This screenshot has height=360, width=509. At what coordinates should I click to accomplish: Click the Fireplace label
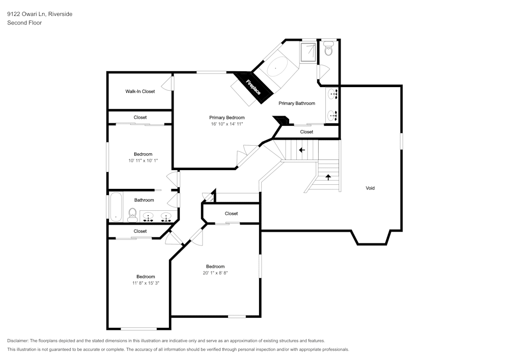tap(253, 87)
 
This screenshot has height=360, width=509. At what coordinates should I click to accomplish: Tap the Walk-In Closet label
tap(140, 92)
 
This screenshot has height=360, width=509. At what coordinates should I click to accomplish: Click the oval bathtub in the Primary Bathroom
tap(277, 68)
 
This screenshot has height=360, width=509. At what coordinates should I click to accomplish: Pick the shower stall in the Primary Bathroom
tap(307, 52)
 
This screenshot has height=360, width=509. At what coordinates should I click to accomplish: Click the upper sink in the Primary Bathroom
tap(333, 94)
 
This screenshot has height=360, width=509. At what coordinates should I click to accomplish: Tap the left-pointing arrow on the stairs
tap(302, 150)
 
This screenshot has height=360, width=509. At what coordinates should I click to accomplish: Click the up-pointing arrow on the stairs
tap(328, 177)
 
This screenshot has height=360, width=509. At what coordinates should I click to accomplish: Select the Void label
tap(370, 188)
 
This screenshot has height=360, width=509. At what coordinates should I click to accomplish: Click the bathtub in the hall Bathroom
tap(116, 207)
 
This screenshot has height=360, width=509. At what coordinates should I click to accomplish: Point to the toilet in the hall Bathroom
tap(132, 215)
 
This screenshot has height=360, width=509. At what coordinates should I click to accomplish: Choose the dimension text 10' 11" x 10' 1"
tap(143, 161)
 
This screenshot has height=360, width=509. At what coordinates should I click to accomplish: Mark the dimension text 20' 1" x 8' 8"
tap(215, 273)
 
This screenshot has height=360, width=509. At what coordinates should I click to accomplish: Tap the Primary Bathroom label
tap(297, 103)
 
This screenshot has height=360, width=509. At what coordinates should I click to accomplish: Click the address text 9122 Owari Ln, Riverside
tap(40, 14)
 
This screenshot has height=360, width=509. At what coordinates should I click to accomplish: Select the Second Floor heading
tap(24, 23)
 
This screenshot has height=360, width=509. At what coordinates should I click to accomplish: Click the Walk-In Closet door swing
tap(167, 84)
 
